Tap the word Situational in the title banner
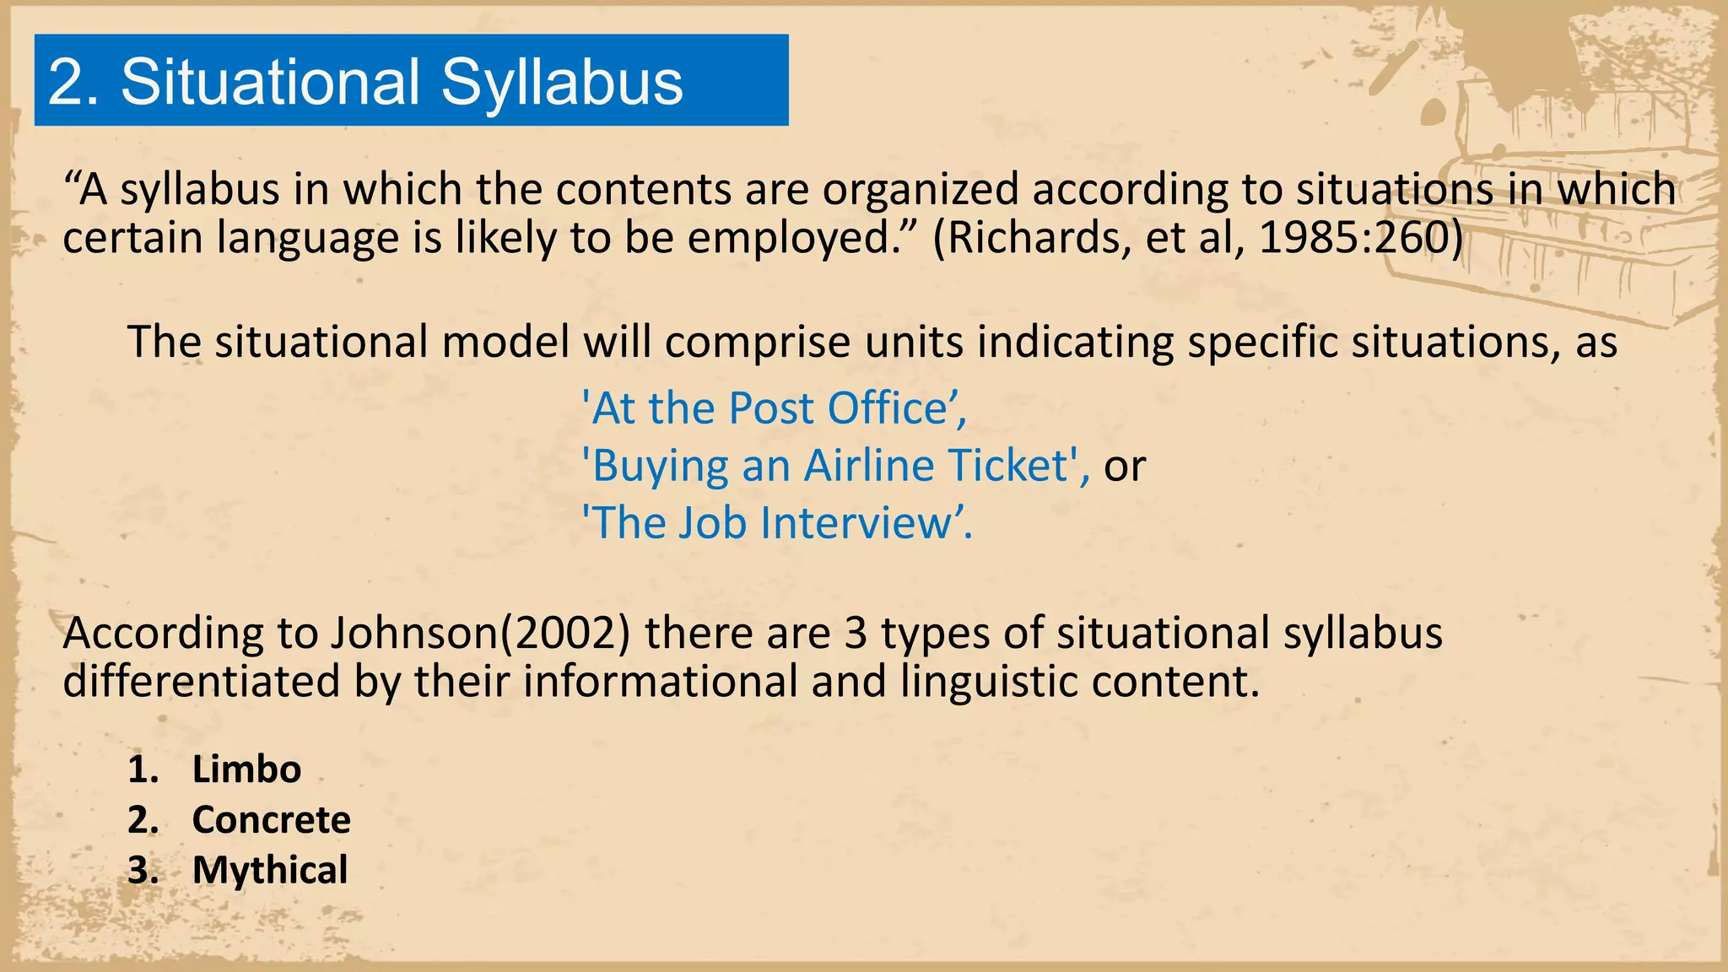tap(271, 83)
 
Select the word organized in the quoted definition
tap(921, 189)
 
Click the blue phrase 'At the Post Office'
tap(774, 408)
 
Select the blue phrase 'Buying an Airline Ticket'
tap(834, 466)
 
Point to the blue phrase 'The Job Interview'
tap(776, 523)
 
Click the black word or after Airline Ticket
tap(1125, 467)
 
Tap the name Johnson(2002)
tap(480, 633)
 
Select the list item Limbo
tap(246, 769)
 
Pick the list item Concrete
tap(271, 820)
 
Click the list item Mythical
tap(270, 870)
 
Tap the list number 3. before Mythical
tap(143, 870)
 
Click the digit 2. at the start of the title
tap(73, 83)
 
